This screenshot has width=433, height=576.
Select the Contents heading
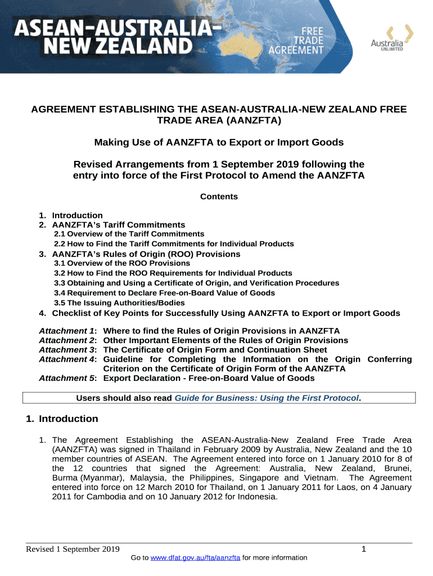219,197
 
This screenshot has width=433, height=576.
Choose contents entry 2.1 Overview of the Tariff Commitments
129,234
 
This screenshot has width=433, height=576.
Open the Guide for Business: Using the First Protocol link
267,398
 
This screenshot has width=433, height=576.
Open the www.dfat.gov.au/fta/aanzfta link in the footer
192,558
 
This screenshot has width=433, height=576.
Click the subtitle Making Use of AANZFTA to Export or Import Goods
219,142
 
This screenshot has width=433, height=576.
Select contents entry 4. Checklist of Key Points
225,313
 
